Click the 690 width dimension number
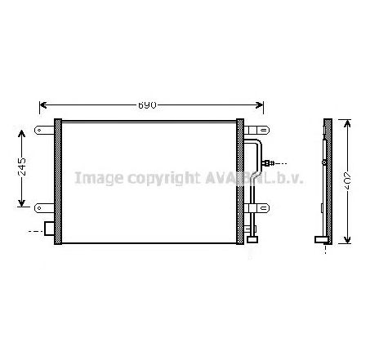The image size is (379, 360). pos(147,105)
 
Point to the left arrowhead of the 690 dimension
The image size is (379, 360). pos(43,105)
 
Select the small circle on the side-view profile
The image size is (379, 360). pos(324,162)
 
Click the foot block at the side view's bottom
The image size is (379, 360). pos(321,239)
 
